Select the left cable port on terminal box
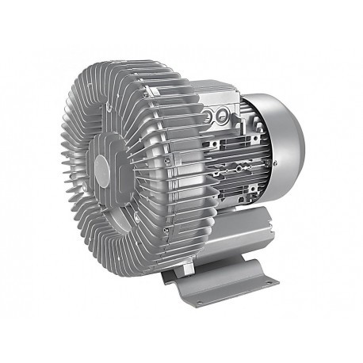209,117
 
